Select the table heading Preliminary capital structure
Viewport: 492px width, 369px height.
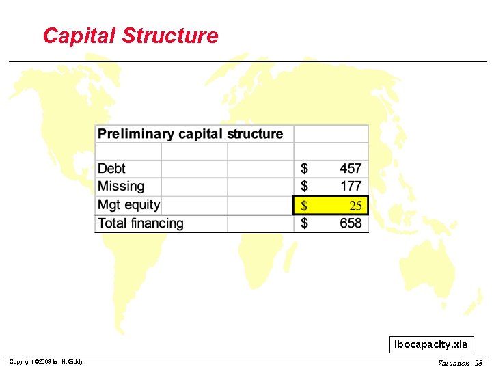point(190,134)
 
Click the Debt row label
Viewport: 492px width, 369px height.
point(111,168)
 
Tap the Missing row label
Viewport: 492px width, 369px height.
point(121,186)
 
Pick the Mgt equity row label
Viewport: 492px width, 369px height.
point(128,204)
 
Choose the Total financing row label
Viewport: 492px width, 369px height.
point(141,223)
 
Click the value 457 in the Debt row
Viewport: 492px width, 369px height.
point(351,168)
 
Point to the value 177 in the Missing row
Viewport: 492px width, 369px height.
point(351,186)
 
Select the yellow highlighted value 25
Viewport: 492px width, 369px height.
point(355,205)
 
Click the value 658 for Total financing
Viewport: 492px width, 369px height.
point(351,223)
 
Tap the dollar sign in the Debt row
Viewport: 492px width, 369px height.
point(304,168)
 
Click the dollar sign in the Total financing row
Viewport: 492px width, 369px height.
point(304,223)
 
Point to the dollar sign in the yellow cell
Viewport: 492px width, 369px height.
point(304,205)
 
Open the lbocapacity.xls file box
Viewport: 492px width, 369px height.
point(431,344)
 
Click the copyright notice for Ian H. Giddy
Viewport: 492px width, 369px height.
point(46,361)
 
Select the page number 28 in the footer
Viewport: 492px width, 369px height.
point(478,363)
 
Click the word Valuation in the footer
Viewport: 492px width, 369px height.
point(453,363)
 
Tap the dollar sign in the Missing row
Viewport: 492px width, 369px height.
point(304,186)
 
